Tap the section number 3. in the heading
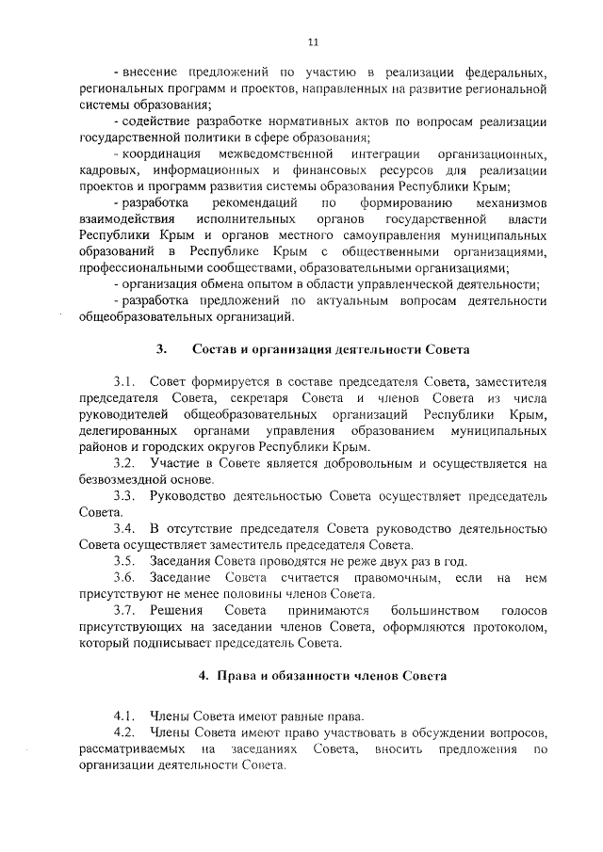[161, 348]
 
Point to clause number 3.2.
[125, 463]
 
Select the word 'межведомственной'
[276, 153]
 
